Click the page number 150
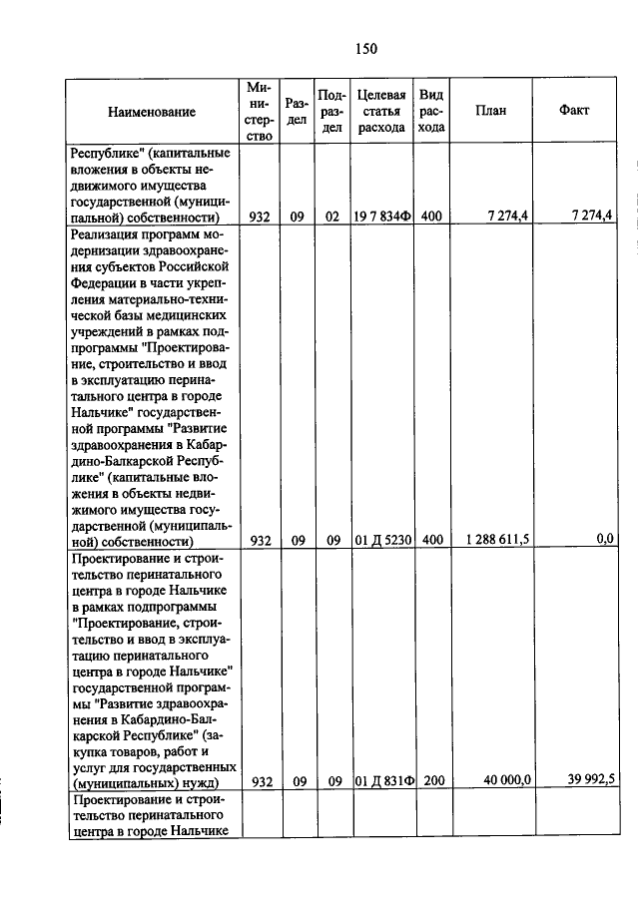[364, 48]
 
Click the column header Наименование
[152, 112]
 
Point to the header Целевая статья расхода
[380, 111]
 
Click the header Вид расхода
[431, 111]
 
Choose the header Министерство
[260, 111]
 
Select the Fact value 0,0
[605, 540]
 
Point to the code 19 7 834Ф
[381, 217]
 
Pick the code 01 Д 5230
[381, 540]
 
